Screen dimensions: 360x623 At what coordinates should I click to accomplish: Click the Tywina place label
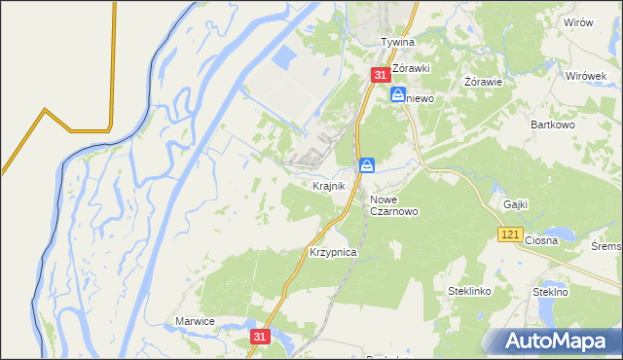(397, 43)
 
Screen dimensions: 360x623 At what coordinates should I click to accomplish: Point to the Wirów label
(577, 22)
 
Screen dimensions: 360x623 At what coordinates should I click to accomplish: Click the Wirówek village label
(586, 76)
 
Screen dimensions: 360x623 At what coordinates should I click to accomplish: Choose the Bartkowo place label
(556, 125)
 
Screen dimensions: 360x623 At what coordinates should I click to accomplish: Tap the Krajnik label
(329, 185)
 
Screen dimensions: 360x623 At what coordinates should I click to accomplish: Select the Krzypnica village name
(333, 252)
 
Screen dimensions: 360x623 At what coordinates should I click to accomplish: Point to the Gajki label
(516, 204)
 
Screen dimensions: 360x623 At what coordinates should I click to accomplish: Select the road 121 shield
(510, 234)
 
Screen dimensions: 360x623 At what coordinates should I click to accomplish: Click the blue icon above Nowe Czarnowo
(367, 165)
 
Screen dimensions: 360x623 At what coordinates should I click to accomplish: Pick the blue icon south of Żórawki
(398, 94)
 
